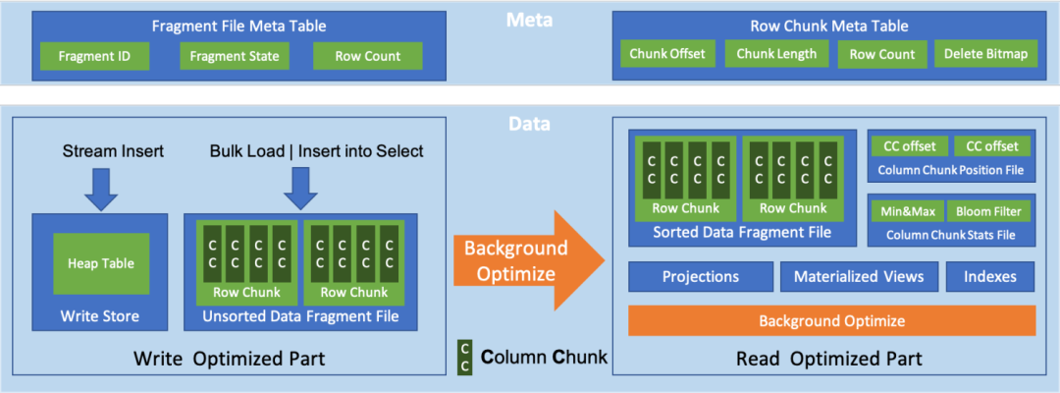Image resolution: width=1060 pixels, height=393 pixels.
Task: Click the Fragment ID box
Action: (x=94, y=56)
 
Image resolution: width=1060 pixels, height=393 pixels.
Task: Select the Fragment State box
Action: (x=236, y=56)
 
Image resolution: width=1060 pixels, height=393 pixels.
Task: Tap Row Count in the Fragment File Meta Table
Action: (x=368, y=56)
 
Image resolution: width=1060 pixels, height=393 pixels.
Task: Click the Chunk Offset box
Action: (x=667, y=54)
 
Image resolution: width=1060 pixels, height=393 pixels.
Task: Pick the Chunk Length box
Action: (x=776, y=54)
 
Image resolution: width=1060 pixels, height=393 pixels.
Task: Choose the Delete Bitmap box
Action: (x=984, y=54)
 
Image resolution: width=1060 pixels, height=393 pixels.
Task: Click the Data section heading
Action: (x=529, y=126)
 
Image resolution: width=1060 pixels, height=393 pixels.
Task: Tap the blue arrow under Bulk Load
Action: (x=298, y=187)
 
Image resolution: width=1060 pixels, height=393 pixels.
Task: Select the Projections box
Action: (x=701, y=277)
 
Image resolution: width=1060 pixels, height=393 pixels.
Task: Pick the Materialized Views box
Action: (x=860, y=277)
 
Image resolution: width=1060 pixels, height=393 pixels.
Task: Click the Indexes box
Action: (x=990, y=277)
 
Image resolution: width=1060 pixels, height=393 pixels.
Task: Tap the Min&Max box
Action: (x=909, y=211)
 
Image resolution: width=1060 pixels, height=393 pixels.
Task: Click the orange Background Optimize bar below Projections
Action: (x=831, y=320)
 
